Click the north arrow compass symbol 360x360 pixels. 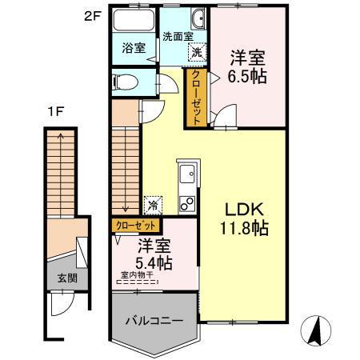click(x=316, y=330)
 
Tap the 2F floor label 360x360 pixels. click(x=93, y=17)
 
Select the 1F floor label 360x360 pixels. click(x=55, y=111)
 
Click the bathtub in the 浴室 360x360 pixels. click(x=134, y=21)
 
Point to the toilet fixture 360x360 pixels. click(x=126, y=82)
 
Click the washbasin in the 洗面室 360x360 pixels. click(x=198, y=18)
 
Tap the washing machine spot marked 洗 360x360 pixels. click(x=198, y=52)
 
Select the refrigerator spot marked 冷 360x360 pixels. click(x=153, y=206)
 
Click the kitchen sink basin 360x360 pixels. click(x=187, y=174)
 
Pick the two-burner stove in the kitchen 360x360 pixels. click(x=187, y=204)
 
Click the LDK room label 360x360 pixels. click(x=245, y=210)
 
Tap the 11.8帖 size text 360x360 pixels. click(x=244, y=228)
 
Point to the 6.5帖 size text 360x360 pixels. click(x=247, y=76)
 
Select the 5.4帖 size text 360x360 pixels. click(x=154, y=263)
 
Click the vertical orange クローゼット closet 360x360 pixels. click(x=196, y=98)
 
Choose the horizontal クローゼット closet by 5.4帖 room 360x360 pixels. click(x=136, y=226)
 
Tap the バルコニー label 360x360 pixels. click(x=154, y=320)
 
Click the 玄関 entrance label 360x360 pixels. click(x=67, y=278)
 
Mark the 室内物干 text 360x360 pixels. click(x=137, y=274)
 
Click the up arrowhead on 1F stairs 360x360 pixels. click(x=61, y=136)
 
